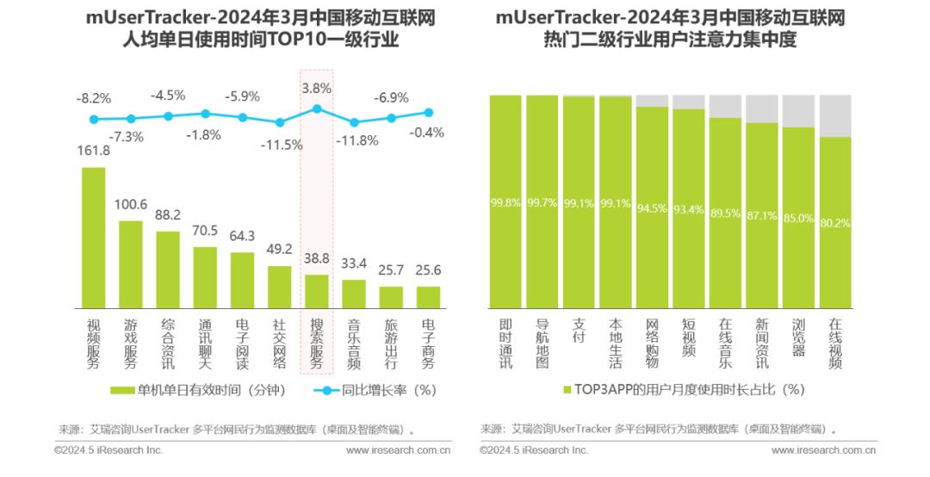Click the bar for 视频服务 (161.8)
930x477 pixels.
click(93, 238)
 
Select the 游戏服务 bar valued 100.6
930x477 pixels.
click(131, 265)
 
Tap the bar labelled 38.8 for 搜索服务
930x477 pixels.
click(317, 292)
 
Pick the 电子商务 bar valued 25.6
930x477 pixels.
click(428, 298)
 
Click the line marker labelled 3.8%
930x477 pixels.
click(317, 108)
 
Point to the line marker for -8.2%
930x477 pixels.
click(94, 119)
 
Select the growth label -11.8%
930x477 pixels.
click(353, 140)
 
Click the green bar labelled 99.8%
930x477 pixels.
click(505, 201)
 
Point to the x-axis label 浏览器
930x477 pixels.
click(798, 338)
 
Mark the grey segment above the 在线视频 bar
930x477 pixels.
click(835, 115)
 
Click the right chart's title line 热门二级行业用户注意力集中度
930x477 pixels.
click(669, 40)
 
